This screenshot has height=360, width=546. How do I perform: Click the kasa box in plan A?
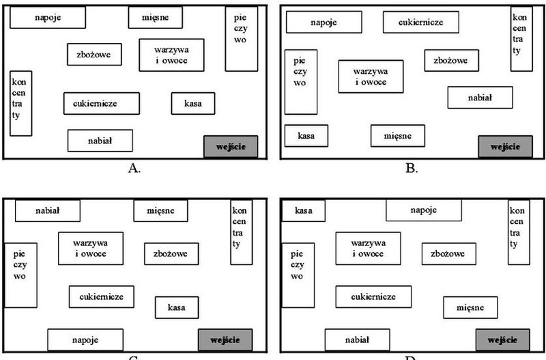coord(193,103)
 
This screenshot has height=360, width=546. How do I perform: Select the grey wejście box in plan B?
coord(505,146)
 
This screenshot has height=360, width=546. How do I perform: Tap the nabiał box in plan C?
coord(48,210)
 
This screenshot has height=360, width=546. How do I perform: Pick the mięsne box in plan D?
coord(470,307)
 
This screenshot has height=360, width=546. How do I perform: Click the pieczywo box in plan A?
coord(242,39)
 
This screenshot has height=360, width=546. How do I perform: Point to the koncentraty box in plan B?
coord(521,39)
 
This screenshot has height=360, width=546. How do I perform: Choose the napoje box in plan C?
coord(85,340)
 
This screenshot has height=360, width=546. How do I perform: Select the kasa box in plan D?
coord(303,210)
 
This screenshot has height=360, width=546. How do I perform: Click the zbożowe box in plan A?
coord(94,55)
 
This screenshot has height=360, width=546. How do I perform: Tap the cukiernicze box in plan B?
coord(420,22)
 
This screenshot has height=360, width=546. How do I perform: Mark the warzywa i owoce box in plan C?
coord(91,249)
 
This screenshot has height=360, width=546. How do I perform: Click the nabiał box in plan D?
coord(357,340)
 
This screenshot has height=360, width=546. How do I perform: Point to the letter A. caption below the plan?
coord(134,168)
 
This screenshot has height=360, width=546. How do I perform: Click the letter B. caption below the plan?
coord(412,168)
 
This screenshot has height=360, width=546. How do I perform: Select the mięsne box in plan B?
coord(398,135)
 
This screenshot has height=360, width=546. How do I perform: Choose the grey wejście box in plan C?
coord(225,340)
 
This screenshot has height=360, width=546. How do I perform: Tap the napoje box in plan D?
coord(424,210)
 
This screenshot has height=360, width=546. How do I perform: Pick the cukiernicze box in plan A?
coord(101,103)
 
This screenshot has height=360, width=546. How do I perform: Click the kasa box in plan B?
coord(306,135)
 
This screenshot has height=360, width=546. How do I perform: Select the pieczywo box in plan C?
coord(20,275)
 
